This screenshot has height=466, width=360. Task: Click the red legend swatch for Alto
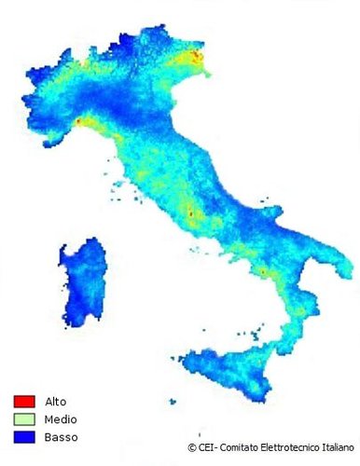click(23, 401)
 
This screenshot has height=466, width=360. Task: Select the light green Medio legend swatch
click(23, 418)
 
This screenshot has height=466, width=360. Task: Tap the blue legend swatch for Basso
click(23, 436)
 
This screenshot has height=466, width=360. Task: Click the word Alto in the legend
click(55, 401)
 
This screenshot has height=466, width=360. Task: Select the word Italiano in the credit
click(339, 448)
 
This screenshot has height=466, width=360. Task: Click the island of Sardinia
click(90, 281)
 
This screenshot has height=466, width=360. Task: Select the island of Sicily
click(224, 372)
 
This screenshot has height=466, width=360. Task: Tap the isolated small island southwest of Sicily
click(173, 402)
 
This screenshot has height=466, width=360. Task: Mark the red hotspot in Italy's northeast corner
click(197, 58)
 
